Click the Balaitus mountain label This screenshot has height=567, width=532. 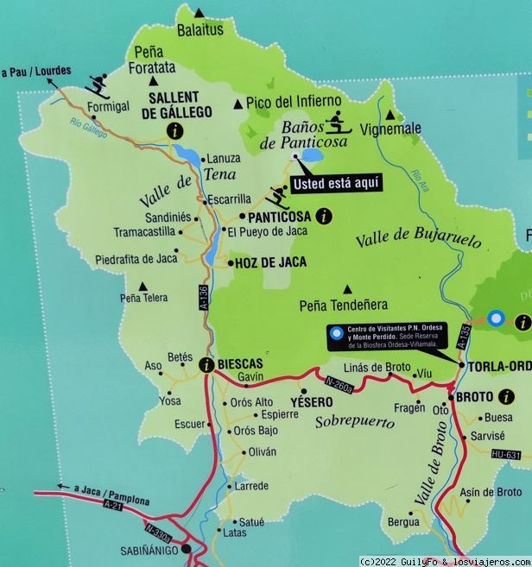click(200, 29)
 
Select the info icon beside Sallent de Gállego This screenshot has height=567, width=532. click(176, 131)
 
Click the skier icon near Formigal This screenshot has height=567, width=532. click(98, 85)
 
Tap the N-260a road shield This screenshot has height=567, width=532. click(340, 384)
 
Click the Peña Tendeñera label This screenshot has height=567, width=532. click(343, 305)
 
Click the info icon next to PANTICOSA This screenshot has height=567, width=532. click(323, 217)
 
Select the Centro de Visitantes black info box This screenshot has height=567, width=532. click(388, 337)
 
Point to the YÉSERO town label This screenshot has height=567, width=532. click(311, 402)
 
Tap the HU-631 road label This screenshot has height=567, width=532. click(506, 455)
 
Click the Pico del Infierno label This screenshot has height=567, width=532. click(293, 101)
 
